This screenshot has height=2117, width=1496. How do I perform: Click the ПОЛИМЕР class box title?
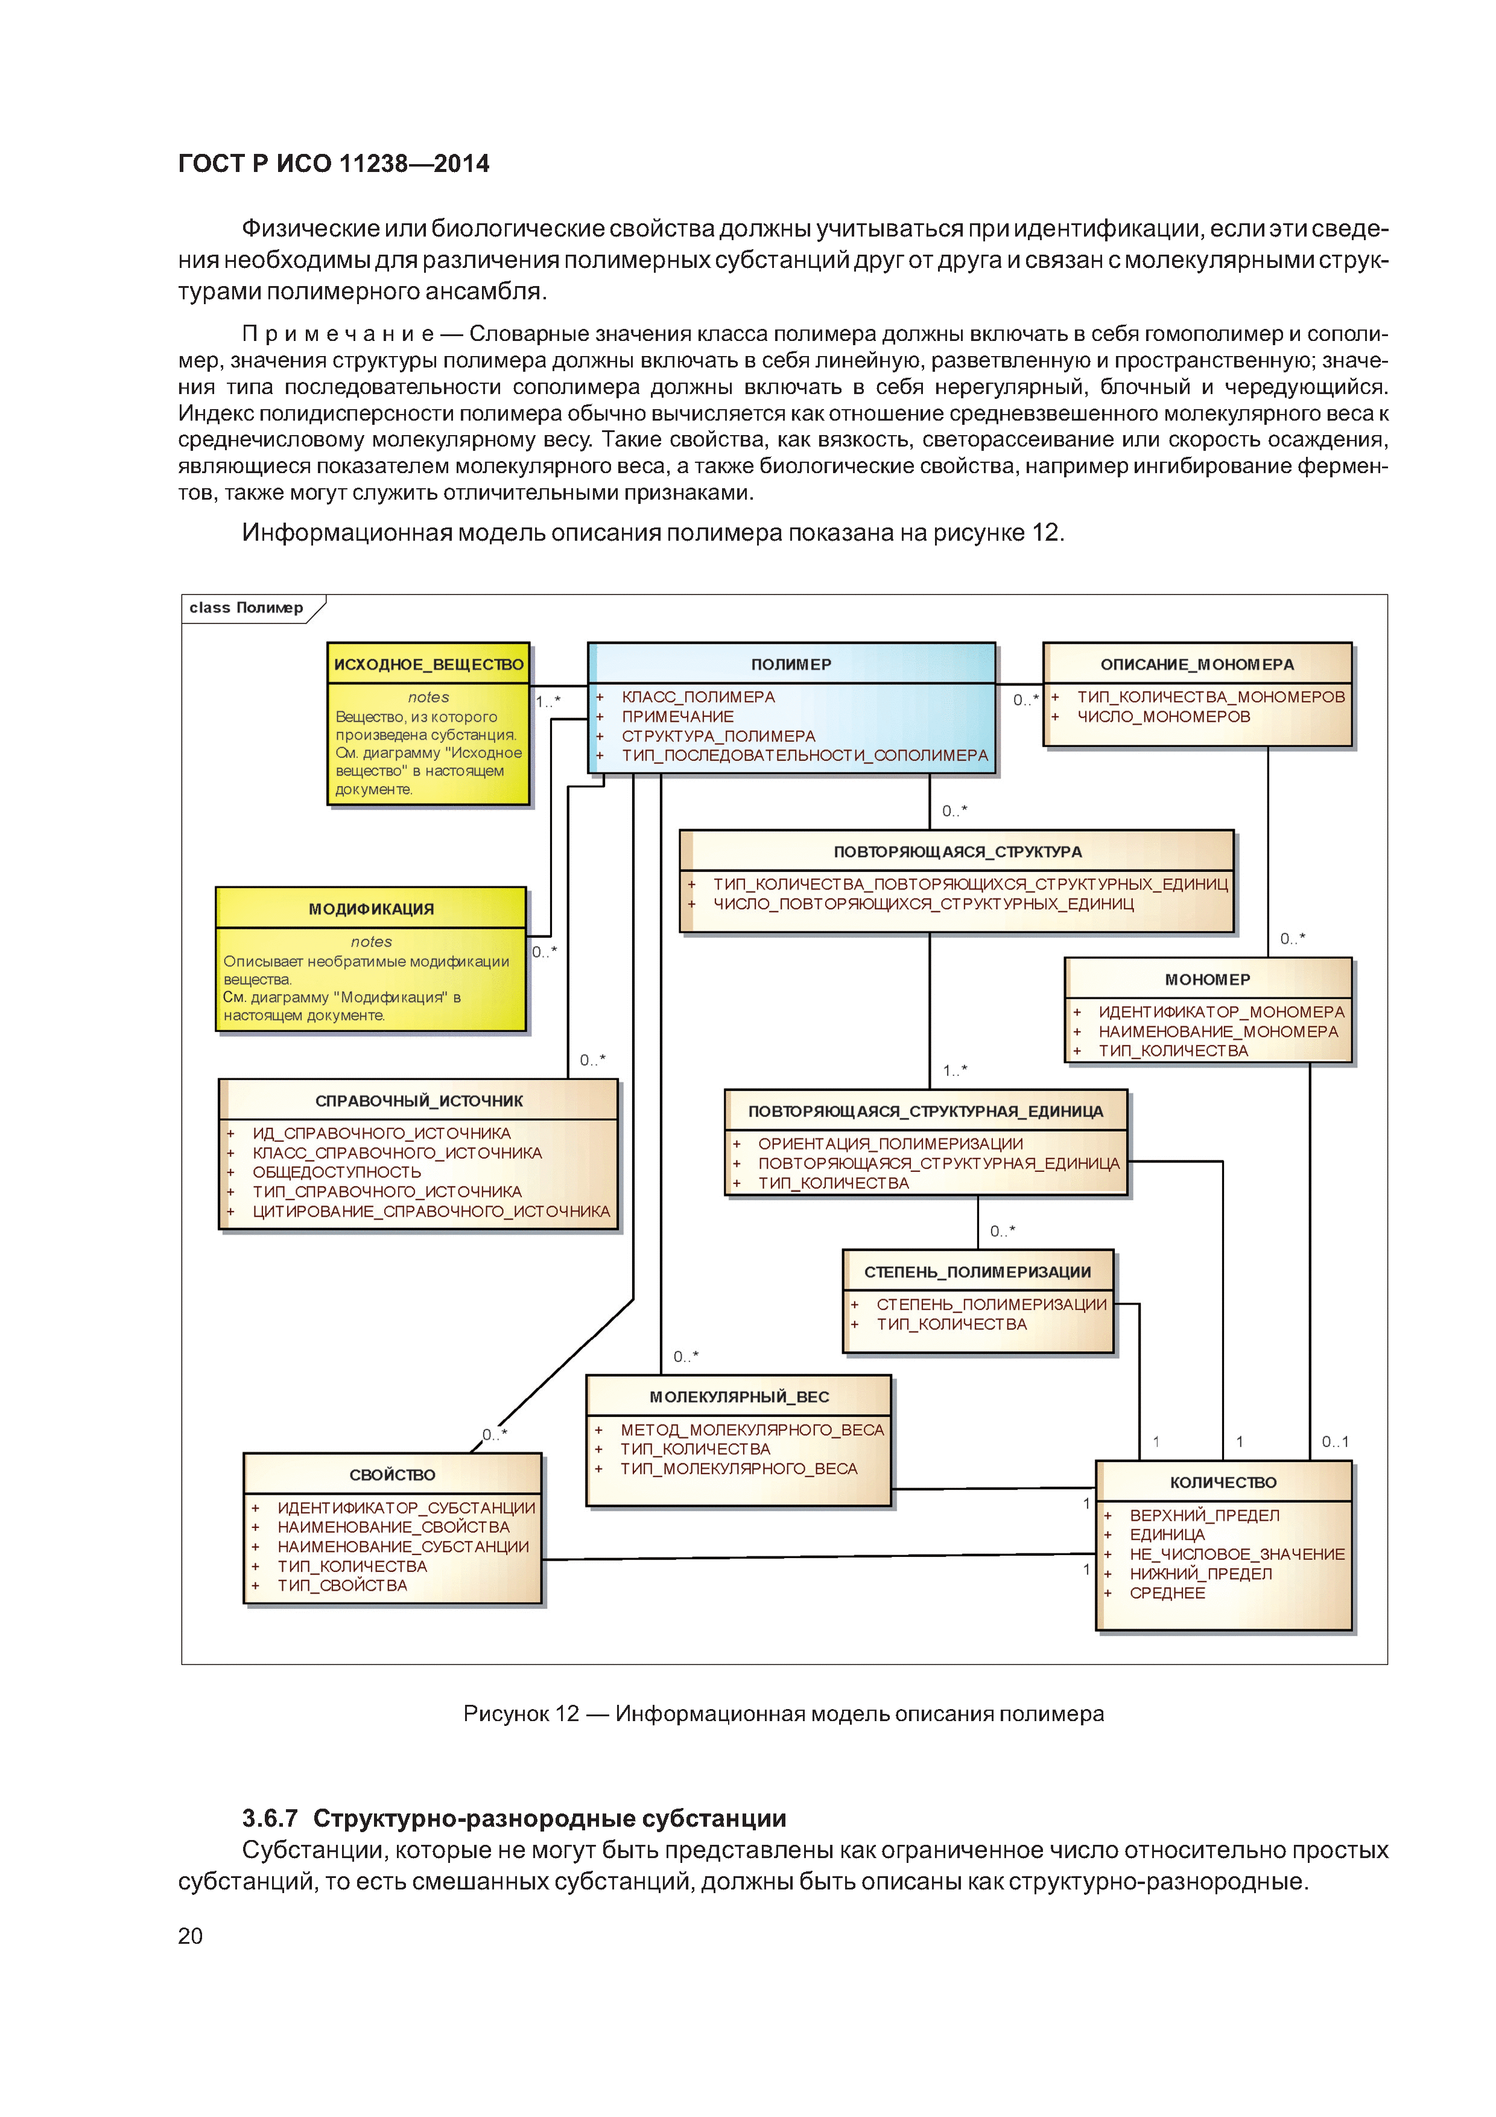(791, 664)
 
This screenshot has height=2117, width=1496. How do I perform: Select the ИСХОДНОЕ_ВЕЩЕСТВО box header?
(429, 664)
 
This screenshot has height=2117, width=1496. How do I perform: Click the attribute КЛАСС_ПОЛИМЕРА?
(698, 697)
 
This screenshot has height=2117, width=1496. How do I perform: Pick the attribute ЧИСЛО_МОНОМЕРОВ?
(1163, 716)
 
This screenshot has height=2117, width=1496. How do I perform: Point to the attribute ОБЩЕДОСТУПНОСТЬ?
(337, 1172)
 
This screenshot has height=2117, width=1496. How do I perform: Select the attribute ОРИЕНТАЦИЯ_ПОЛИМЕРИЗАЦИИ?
(890, 1144)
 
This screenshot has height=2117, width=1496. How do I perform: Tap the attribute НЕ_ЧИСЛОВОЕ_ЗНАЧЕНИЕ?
(1237, 1553)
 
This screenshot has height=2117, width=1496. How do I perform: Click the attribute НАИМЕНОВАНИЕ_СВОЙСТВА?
(393, 1527)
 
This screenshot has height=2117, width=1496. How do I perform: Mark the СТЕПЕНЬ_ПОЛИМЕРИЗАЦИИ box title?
(977, 1272)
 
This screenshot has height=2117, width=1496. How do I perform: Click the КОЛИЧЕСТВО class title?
(1223, 1482)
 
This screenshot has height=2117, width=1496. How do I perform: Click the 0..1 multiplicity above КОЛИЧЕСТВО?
(1335, 1441)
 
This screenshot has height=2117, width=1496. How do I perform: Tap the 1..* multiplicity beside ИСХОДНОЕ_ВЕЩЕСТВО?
(548, 702)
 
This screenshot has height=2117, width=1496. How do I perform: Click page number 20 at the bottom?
(191, 1935)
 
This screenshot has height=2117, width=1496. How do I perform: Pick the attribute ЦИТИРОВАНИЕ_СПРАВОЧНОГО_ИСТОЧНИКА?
(431, 1211)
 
